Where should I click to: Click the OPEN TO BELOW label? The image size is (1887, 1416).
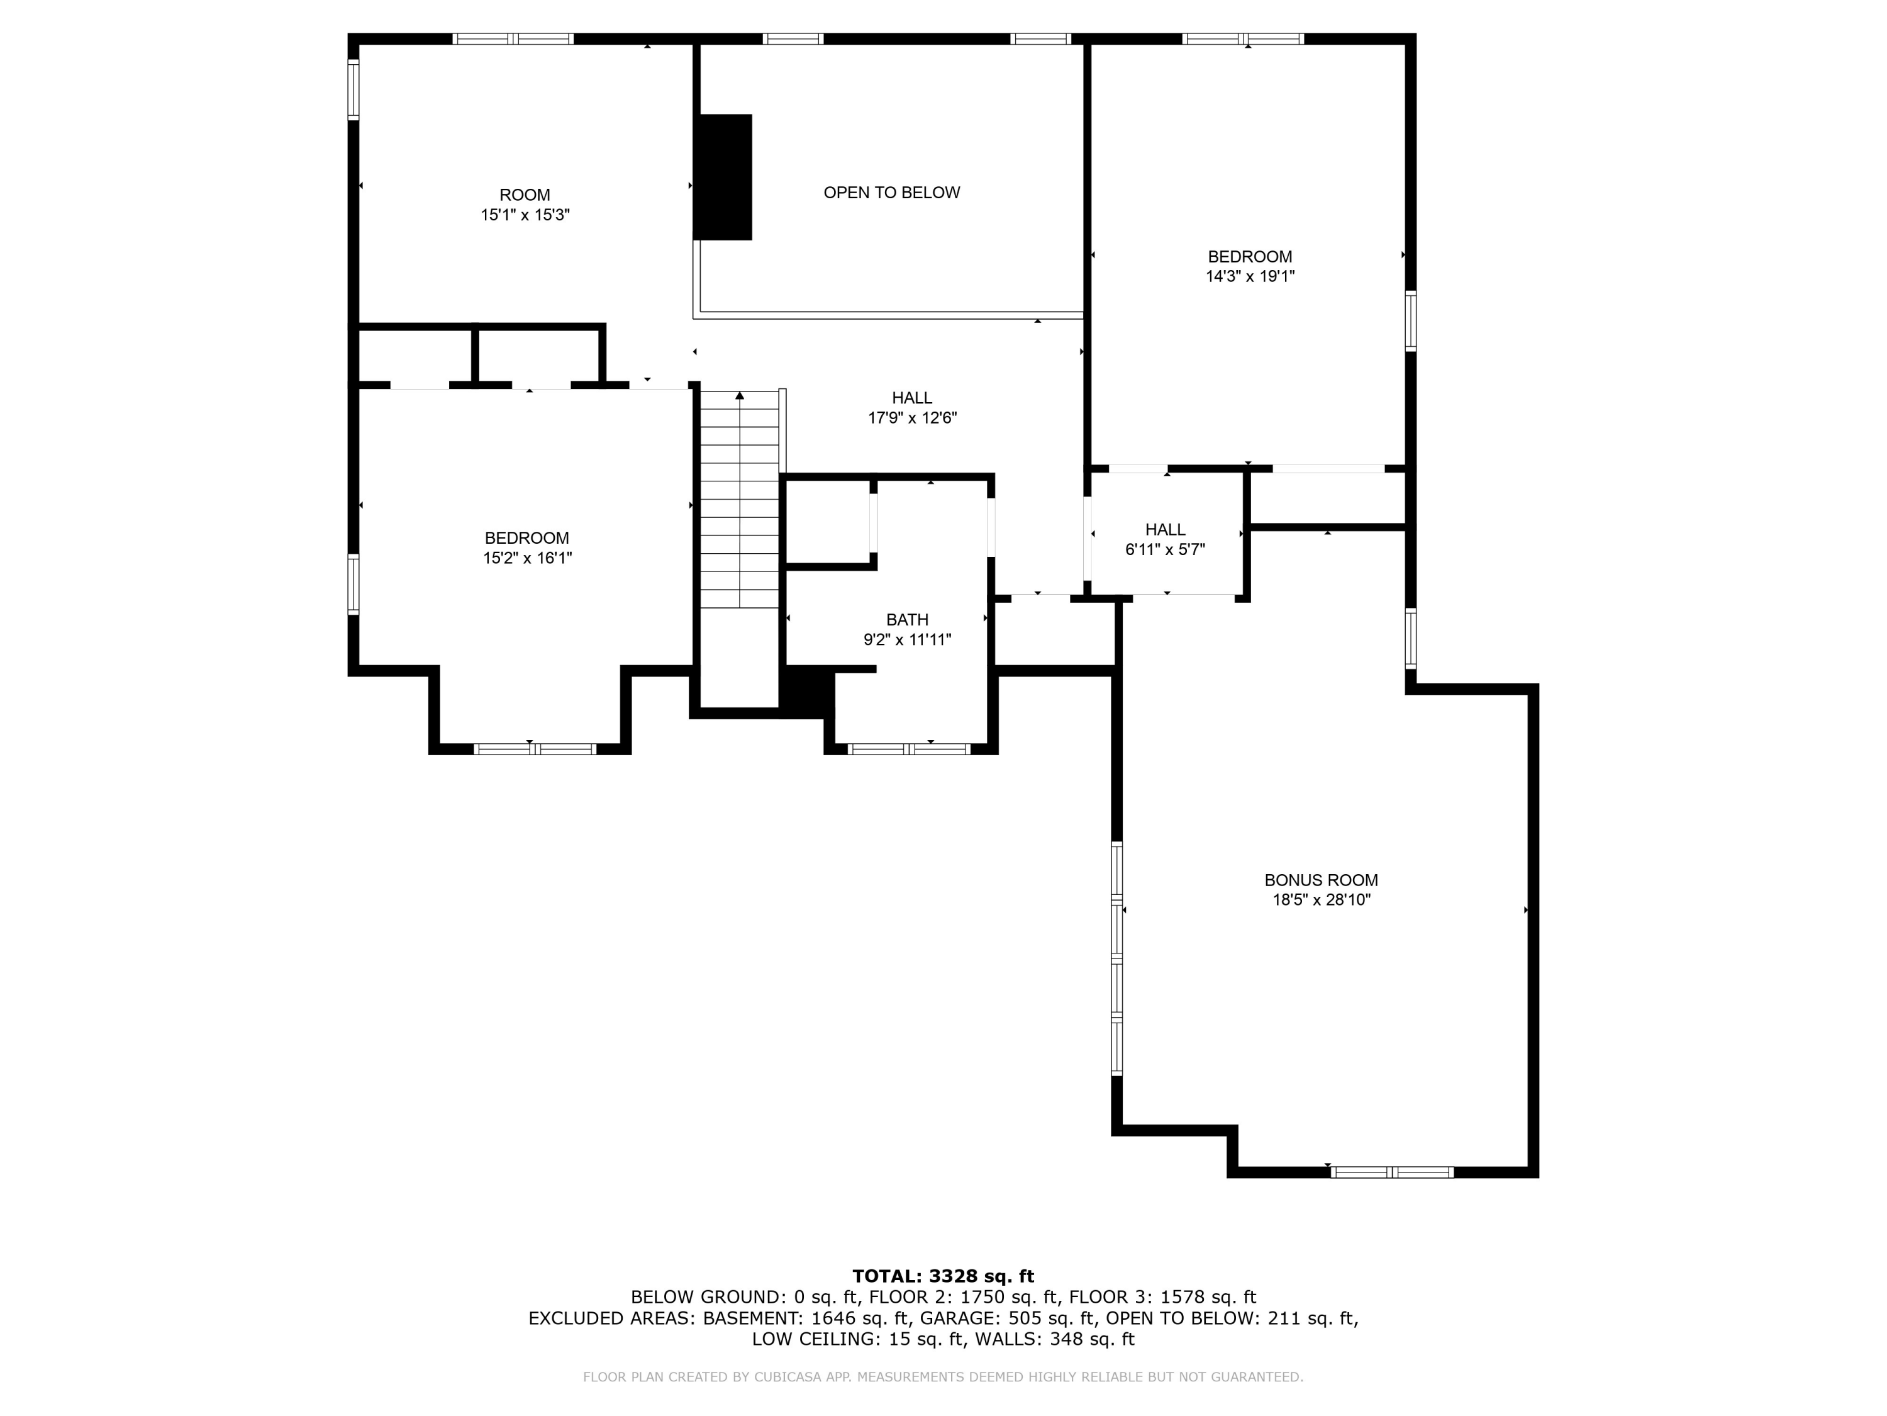click(x=891, y=193)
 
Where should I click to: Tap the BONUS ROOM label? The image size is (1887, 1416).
click(x=1320, y=880)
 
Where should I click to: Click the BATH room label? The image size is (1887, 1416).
click(x=907, y=620)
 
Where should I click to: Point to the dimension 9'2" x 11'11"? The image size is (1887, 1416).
click(x=907, y=640)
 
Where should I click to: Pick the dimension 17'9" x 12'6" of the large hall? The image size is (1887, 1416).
click(x=912, y=419)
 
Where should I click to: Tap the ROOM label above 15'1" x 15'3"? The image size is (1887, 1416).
click(x=525, y=194)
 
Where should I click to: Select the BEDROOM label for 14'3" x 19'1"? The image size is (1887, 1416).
click(x=1250, y=256)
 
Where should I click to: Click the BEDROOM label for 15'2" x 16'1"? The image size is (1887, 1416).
click(x=526, y=537)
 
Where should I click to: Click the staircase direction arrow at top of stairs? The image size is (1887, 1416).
click(x=740, y=396)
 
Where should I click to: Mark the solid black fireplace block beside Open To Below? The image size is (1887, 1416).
click(x=723, y=177)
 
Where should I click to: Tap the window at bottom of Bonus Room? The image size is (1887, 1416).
click(x=1391, y=1172)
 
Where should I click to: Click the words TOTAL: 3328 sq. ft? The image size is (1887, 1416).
click(x=943, y=1276)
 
